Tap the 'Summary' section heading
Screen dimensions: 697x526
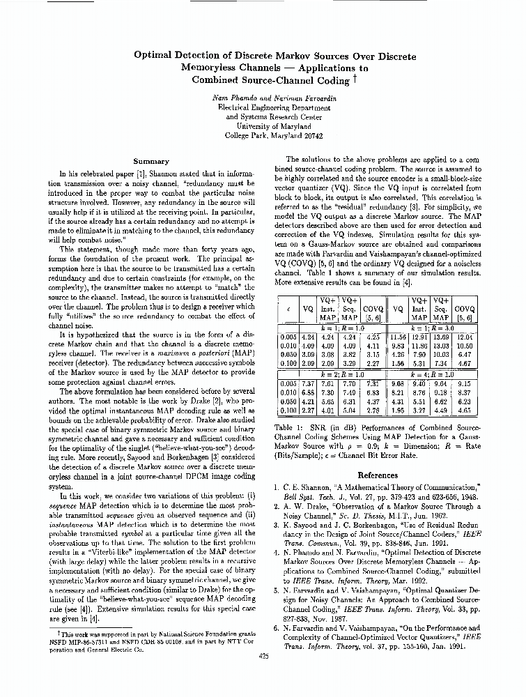pyautogui.click(x=151, y=162)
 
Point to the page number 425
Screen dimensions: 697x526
pyautogui.click(x=263, y=655)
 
